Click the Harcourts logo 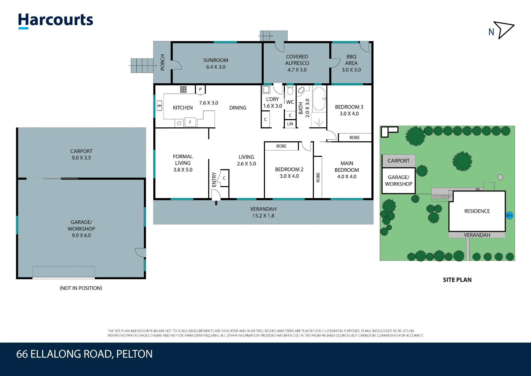[55, 21]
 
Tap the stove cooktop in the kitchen [183, 89]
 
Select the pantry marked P [200, 90]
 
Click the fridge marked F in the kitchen [190, 122]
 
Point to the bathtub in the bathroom [319, 99]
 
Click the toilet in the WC [290, 90]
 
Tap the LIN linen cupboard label [290, 124]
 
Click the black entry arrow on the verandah [216, 203]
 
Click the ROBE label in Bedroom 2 [281, 146]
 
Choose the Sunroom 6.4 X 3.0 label [216, 64]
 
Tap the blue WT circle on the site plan [509, 215]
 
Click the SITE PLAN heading [457, 280]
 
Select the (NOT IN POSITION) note [81, 288]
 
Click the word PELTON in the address [134, 354]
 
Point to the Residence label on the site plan [477, 211]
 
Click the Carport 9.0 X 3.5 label [81, 154]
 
